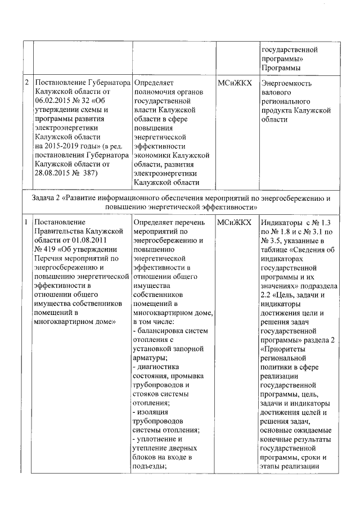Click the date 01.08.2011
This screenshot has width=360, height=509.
pyautogui.click(x=85, y=241)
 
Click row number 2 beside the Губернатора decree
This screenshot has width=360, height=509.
pyautogui.click(x=28, y=83)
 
